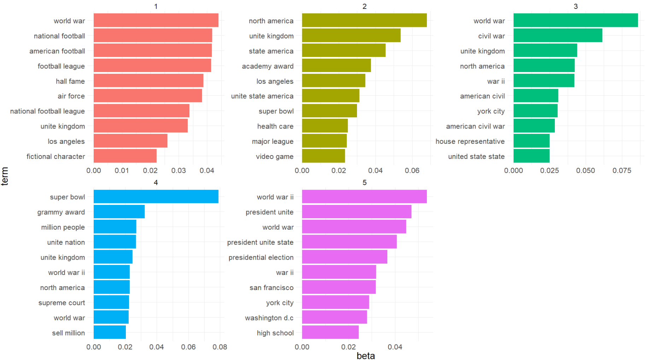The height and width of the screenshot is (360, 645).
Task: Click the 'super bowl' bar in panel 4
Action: (156, 197)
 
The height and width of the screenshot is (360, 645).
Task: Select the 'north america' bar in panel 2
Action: (364, 20)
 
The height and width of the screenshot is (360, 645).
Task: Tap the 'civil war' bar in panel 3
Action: (558, 36)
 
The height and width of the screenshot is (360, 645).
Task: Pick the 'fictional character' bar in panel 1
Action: (125, 156)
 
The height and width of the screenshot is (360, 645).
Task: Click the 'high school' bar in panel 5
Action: (330, 332)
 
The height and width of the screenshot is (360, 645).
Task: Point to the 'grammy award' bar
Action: (119, 212)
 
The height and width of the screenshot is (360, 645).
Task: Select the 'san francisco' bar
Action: (339, 287)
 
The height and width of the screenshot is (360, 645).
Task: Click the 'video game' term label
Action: (275, 157)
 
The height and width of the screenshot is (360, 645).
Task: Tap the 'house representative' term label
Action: (470, 141)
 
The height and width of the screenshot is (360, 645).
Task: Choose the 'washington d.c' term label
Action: (269, 318)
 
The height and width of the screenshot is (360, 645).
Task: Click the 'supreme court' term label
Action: (62, 303)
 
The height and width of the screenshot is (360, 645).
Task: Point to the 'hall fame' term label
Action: (70, 81)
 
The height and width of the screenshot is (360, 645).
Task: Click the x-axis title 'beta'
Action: (365, 355)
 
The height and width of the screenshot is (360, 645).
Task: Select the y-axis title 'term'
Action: (5, 176)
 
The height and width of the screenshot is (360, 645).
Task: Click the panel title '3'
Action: (575, 6)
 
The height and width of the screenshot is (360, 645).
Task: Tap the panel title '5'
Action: (364, 183)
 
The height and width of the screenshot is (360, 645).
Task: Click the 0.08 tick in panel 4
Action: (220, 347)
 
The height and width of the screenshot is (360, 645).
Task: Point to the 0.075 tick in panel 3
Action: (622, 171)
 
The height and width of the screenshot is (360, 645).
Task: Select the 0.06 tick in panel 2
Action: (412, 171)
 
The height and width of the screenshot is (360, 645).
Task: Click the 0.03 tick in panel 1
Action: (178, 171)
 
